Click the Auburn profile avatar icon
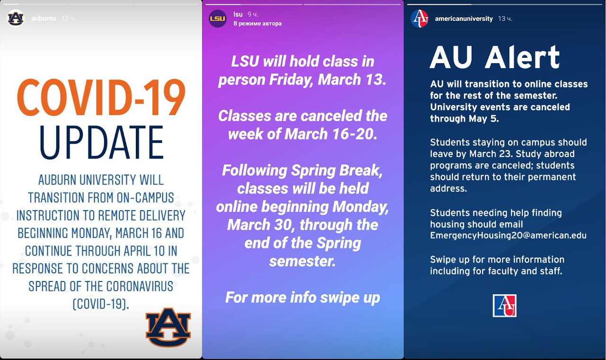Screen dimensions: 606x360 [16, 18]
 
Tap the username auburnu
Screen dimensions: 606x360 [44, 18]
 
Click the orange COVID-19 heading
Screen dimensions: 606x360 [101, 98]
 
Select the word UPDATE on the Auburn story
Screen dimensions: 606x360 [101, 142]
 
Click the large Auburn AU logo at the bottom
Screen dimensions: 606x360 [168, 327]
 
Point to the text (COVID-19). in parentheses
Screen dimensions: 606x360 [101, 304]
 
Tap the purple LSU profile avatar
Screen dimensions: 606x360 [218, 18]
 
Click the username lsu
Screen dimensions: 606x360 [238, 14]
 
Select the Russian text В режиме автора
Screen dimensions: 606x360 [257, 24]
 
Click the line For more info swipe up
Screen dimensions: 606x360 [303, 298]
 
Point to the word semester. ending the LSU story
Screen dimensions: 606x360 [302, 261]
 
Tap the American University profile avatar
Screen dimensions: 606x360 [419, 18]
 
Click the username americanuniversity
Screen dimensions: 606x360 [463, 18]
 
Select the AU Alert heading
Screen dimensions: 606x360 [495, 57]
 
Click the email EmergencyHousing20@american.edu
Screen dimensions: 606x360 [508, 236]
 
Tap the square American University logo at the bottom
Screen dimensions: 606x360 [505, 306]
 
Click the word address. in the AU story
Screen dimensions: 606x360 [448, 188]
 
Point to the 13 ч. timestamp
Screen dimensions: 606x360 [505, 18]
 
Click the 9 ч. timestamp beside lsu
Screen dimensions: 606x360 [253, 14]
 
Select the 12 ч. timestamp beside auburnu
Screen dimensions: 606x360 [68, 18]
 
